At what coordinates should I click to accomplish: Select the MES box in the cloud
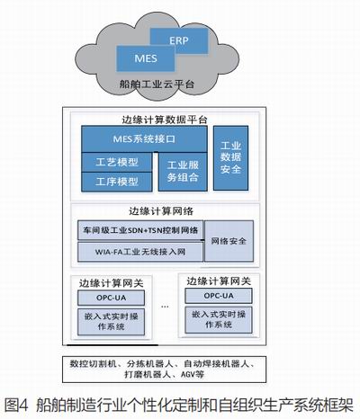click(x=146, y=58)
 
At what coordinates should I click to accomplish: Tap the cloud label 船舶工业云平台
click(x=157, y=84)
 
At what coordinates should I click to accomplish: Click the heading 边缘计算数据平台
click(x=165, y=120)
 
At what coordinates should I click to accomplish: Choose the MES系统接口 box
click(x=144, y=139)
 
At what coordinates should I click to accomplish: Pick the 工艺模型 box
click(x=117, y=162)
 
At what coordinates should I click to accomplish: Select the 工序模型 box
click(x=117, y=182)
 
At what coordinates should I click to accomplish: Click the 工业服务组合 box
click(x=183, y=172)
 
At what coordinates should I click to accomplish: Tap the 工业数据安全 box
click(x=230, y=158)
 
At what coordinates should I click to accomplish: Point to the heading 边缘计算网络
click(x=161, y=211)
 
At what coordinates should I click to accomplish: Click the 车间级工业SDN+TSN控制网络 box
click(x=140, y=230)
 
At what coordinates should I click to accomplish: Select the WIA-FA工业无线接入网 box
click(x=140, y=252)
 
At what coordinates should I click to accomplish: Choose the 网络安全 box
click(x=229, y=241)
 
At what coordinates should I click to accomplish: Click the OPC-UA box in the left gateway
click(x=111, y=298)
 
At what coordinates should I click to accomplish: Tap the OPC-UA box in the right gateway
click(x=219, y=296)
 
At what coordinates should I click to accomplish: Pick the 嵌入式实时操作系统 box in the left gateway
click(x=111, y=322)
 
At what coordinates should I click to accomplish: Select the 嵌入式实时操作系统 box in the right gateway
click(x=219, y=320)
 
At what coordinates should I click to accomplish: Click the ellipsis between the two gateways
click(x=165, y=307)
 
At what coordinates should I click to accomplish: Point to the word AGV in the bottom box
click(x=188, y=374)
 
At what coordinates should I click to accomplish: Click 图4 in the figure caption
click(x=16, y=405)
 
